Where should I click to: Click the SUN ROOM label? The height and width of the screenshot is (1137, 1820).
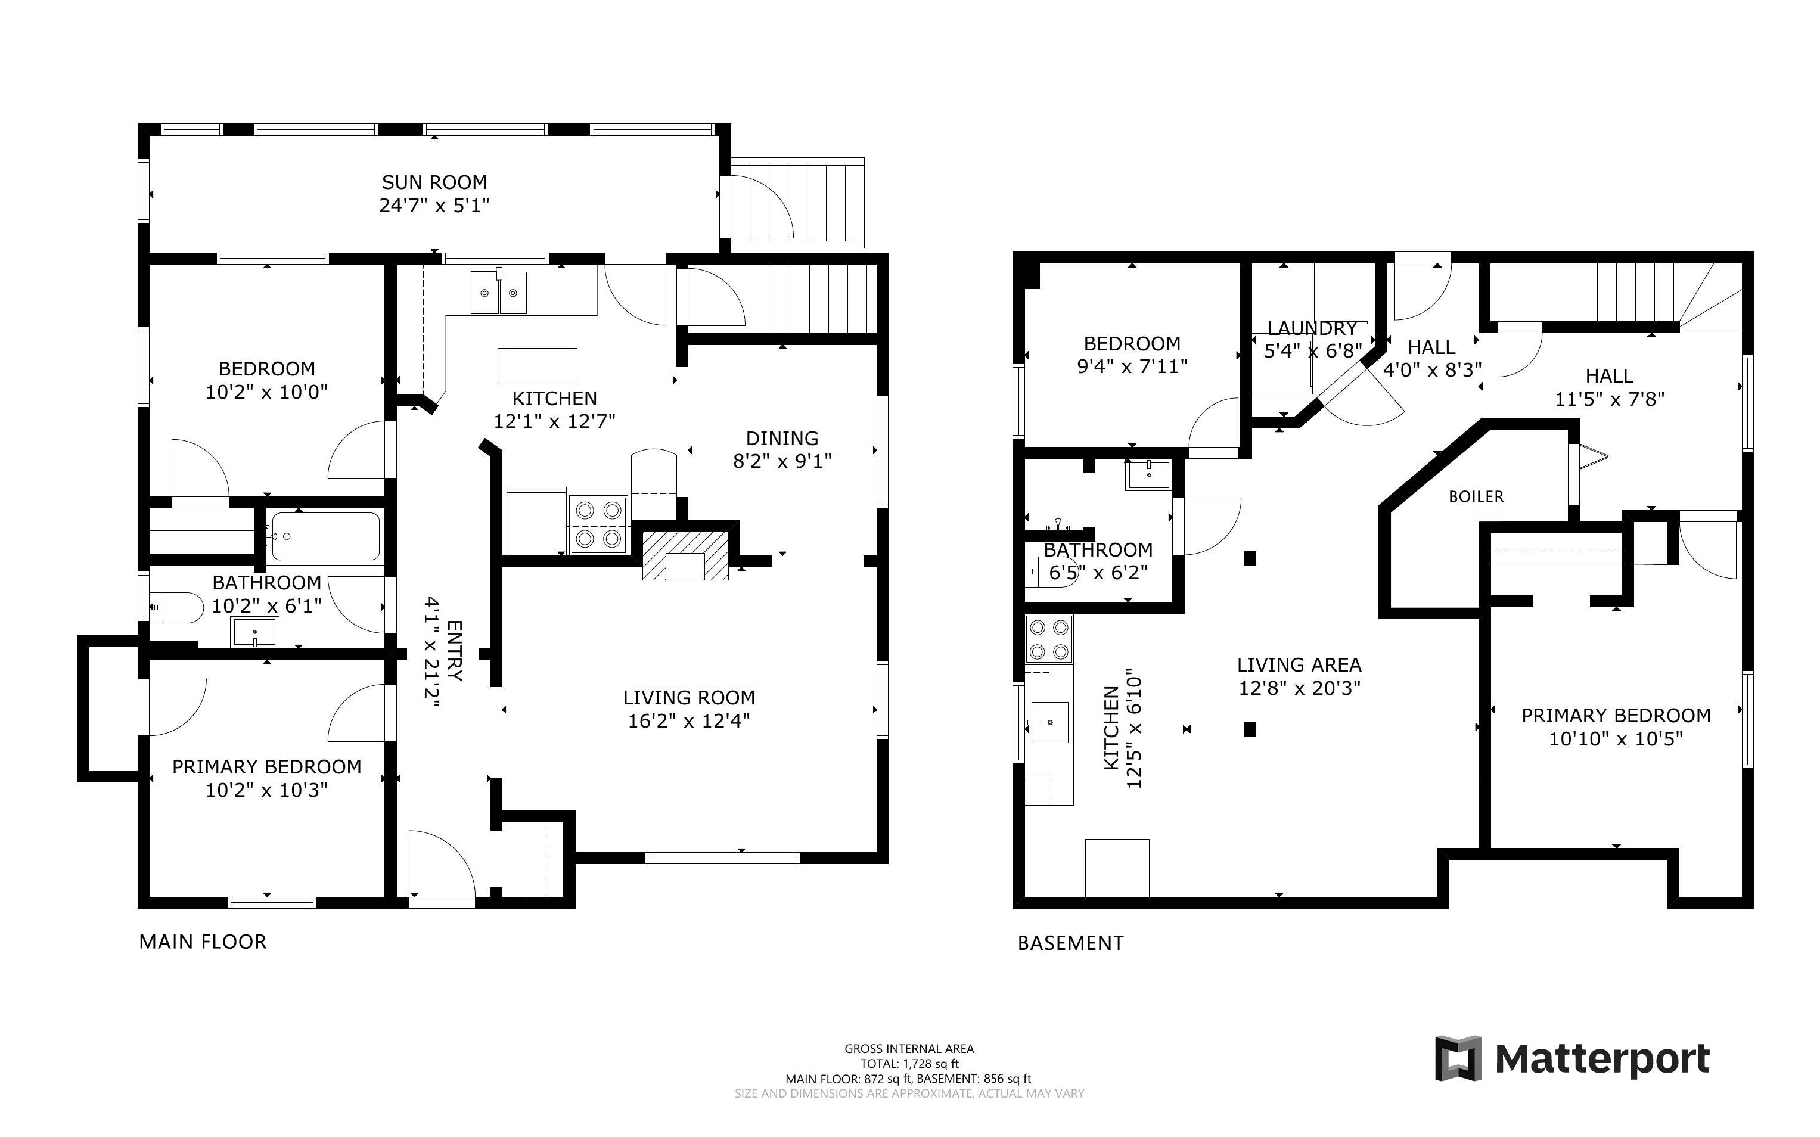tap(434, 182)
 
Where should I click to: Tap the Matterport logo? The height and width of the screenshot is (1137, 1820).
tap(1572, 1059)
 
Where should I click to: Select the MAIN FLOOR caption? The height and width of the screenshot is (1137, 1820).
tap(202, 942)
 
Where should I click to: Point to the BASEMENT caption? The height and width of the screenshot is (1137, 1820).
tap(1070, 943)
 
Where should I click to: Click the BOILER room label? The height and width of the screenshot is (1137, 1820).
tap(1476, 496)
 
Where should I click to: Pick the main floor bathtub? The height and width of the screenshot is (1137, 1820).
tap(325, 536)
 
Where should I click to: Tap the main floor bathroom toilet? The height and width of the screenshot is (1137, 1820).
tap(176, 608)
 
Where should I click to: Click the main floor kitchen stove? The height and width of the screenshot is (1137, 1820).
tap(599, 525)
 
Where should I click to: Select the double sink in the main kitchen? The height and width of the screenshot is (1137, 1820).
tap(498, 293)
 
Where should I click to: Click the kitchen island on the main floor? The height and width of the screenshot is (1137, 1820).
tap(537, 365)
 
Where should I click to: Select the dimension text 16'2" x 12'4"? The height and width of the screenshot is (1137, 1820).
tap(689, 721)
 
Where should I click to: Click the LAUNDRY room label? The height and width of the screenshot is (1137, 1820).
tap(1312, 328)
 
